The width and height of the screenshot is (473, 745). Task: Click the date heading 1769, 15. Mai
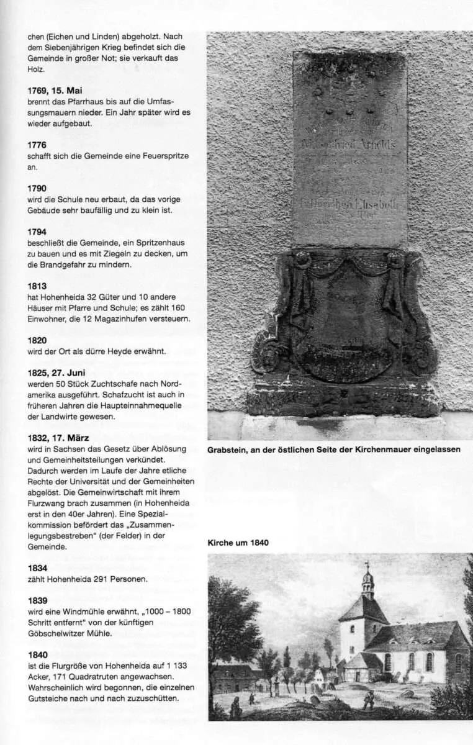55,90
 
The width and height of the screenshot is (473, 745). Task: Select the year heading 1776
37,145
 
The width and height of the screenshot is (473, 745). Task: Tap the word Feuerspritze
164,156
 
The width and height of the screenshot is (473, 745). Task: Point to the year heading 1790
37,188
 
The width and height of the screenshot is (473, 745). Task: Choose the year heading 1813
37,286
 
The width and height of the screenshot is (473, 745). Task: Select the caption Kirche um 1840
238,543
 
